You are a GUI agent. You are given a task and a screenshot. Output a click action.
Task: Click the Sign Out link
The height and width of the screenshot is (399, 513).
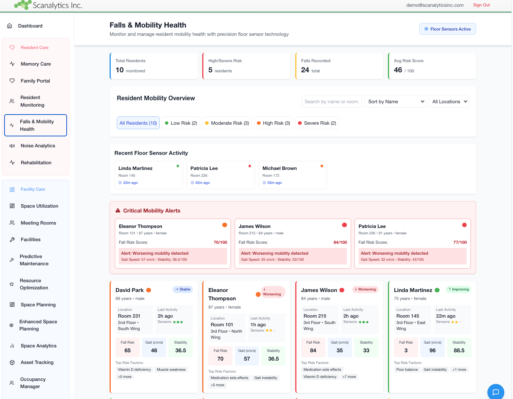(x=481, y=5)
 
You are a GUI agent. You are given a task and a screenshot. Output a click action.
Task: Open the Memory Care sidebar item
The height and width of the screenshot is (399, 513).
(x=36, y=64)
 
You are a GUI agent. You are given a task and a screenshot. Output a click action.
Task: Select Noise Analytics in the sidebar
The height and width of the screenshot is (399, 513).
(x=38, y=146)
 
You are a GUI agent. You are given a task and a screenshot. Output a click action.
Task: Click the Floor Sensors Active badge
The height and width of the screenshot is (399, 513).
(x=447, y=29)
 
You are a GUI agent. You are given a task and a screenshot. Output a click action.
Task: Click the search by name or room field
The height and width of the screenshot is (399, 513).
(x=331, y=102)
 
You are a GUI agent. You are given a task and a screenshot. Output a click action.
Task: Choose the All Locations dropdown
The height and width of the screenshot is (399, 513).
(x=449, y=102)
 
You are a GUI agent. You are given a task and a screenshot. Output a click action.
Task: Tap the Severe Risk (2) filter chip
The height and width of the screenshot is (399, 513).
(x=317, y=123)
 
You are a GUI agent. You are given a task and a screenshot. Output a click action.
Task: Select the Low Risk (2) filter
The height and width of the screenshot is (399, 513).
(x=181, y=123)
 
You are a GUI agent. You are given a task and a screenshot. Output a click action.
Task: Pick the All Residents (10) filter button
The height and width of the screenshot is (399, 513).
(x=138, y=123)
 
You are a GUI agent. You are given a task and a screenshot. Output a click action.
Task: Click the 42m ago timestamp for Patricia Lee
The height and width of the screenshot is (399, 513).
(x=202, y=183)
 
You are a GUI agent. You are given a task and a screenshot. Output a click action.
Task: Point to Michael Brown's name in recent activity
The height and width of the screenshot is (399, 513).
(x=279, y=168)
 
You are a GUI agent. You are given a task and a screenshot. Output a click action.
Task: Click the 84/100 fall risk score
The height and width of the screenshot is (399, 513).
(x=340, y=242)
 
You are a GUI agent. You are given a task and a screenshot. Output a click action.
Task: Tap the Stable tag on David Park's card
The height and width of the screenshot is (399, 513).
(x=183, y=289)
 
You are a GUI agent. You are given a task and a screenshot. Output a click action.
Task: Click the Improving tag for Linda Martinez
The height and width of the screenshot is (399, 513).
(x=458, y=289)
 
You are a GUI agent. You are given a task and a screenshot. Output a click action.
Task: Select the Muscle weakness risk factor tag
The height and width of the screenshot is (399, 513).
(x=171, y=370)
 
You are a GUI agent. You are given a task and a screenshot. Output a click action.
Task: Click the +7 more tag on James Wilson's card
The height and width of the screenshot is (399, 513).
(x=349, y=377)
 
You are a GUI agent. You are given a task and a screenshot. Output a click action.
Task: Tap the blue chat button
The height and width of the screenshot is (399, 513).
(x=496, y=392)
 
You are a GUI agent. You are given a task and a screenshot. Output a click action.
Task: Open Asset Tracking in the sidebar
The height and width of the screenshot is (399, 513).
(x=37, y=362)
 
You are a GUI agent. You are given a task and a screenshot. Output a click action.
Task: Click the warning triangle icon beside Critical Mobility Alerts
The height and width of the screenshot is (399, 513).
(x=118, y=211)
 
